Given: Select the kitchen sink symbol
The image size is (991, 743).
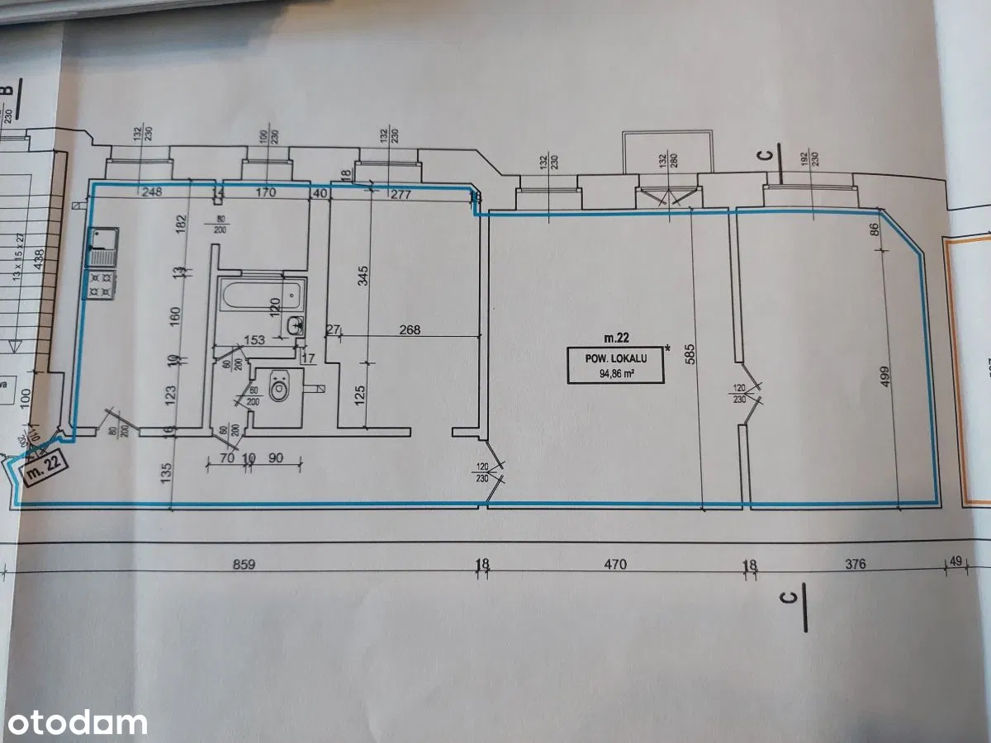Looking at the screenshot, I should (x=103, y=247).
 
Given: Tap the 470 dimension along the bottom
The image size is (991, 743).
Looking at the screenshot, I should (x=616, y=566).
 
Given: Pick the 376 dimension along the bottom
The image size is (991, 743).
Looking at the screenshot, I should (x=856, y=566).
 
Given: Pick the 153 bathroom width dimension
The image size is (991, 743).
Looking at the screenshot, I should (x=255, y=340).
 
